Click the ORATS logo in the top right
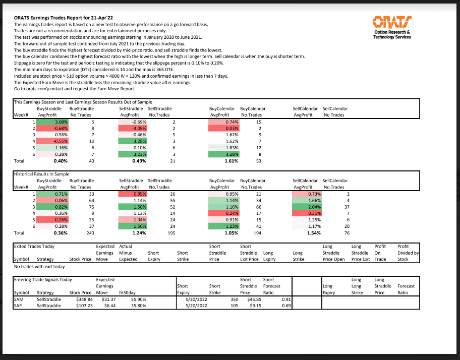(392, 28)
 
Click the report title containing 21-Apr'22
(64, 18)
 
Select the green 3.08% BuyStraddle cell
(52, 122)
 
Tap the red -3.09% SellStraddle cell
(133, 129)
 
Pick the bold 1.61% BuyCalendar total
(232, 161)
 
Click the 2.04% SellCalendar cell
(307, 207)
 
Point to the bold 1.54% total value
(314, 233)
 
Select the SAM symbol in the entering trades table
(19, 299)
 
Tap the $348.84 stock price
(84, 299)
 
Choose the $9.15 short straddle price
(255, 306)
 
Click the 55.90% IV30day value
(139, 299)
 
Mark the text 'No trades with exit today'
(39, 267)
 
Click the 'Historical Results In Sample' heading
(41, 174)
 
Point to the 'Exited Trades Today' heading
(34, 247)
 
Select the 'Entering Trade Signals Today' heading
(43, 280)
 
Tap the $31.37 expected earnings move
(108, 299)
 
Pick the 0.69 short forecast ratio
(286, 306)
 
